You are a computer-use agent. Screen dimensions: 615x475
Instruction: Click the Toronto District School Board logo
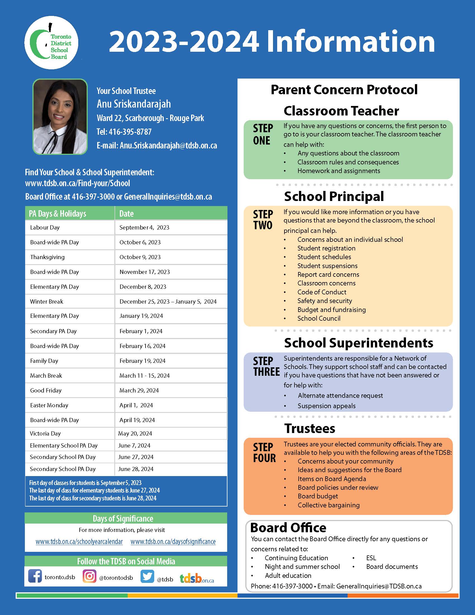[51, 43]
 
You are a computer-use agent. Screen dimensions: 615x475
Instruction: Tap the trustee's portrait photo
[60, 117]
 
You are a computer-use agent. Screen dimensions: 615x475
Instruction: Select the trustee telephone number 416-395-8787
[130, 132]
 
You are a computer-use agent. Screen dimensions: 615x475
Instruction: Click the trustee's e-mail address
[168, 145]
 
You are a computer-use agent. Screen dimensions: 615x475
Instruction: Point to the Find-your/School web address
[77, 183]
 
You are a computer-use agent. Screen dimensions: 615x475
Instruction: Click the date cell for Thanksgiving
[140, 257]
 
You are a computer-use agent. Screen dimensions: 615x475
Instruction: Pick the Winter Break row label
[47, 302]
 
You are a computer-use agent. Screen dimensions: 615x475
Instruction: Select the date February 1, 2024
[141, 331]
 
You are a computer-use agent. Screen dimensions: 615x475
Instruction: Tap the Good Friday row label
[46, 391]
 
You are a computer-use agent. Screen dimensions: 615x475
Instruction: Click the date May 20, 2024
[135, 434]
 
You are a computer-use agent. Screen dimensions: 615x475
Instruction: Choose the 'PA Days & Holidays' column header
[58, 214]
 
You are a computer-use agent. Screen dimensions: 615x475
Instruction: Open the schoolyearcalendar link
[79, 542]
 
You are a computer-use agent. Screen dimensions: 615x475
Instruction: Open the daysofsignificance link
[173, 542]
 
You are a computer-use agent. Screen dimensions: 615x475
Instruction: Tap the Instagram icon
[89, 576]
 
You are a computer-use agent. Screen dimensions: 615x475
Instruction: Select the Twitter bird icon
[147, 576]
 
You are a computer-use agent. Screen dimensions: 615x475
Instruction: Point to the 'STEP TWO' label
[263, 220]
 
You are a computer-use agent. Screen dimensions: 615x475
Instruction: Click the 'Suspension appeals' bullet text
[326, 406]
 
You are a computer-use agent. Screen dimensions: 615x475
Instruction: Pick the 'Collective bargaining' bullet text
[329, 505]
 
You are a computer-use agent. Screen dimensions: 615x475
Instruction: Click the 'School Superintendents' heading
[358, 343]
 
